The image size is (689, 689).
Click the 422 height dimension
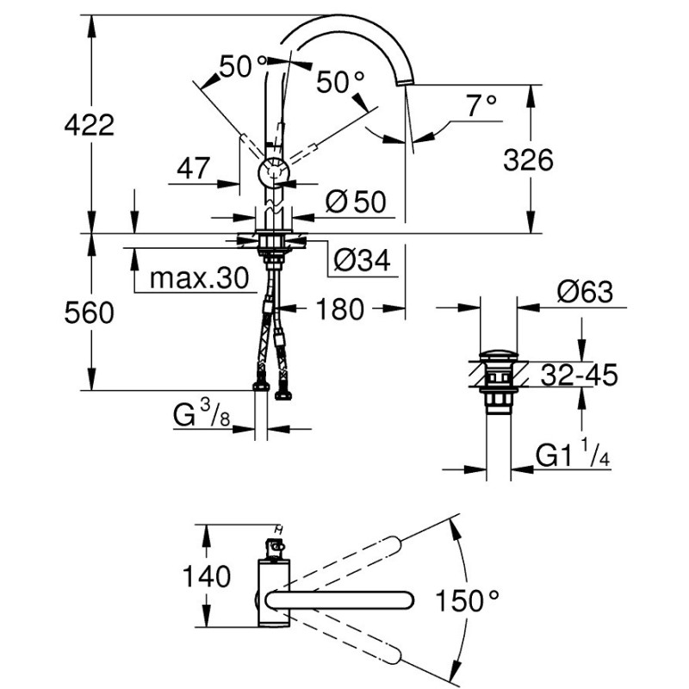pos(89,125)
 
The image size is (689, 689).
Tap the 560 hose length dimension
pos(89,313)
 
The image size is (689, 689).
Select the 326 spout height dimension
pos(528,159)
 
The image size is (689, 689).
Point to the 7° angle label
pos(481,106)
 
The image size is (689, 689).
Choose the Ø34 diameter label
pos(363,258)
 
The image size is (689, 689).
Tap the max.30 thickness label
pos(198,278)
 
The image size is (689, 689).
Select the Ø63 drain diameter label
pos(585,292)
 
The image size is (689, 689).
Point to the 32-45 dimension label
pos(580,375)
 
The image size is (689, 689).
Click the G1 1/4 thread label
pos(573,454)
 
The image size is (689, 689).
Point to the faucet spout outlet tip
pos(405,81)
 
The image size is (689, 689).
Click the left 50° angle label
pos(244,66)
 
